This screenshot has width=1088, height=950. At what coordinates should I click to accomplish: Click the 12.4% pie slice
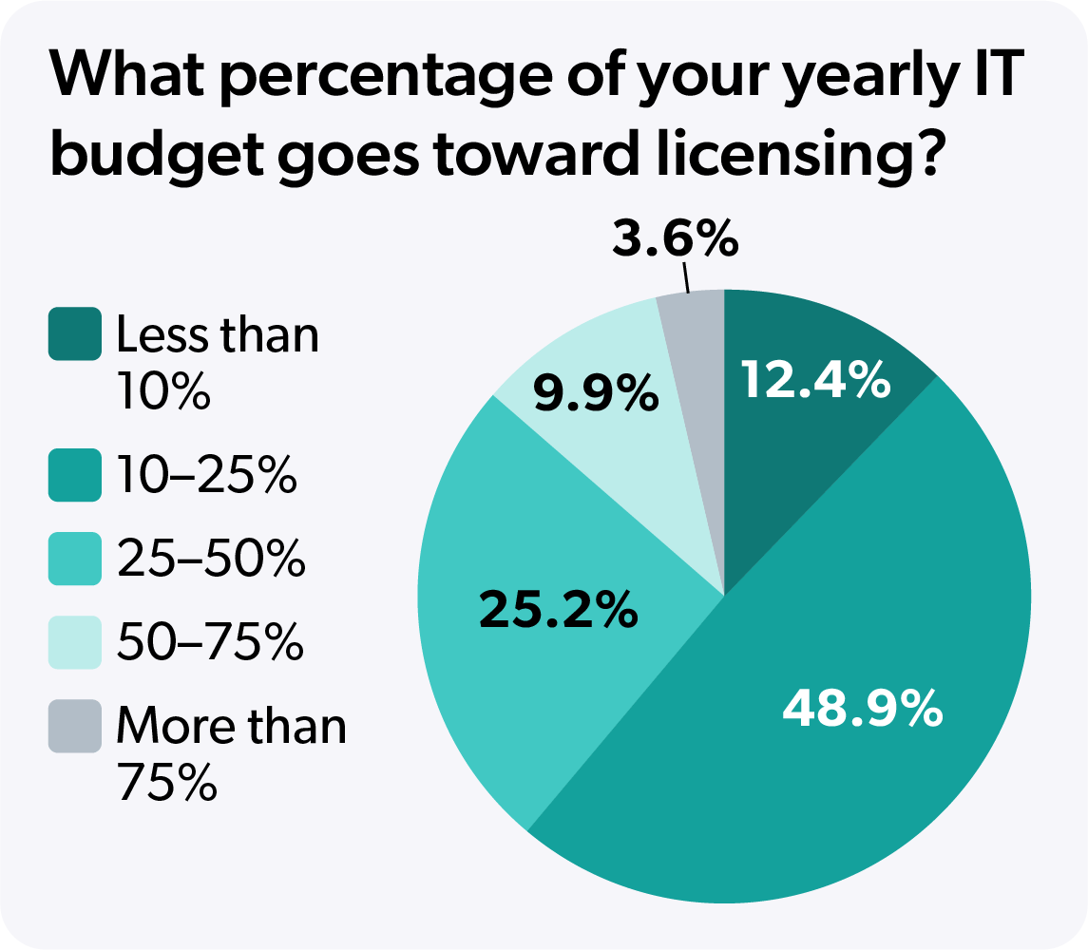click(x=808, y=446)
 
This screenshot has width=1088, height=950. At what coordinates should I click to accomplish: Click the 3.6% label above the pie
click(x=675, y=238)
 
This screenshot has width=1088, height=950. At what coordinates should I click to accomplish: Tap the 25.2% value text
click(x=558, y=610)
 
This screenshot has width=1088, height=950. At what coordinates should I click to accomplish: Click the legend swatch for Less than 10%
click(x=74, y=334)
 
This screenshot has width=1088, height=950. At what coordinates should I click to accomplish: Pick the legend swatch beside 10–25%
click(x=74, y=475)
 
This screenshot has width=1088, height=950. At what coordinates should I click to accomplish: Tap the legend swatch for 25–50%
click(x=74, y=559)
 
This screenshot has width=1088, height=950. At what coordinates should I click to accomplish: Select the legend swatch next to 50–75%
click(x=74, y=642)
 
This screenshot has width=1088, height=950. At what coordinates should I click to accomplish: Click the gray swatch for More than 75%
click(x=74, y=726)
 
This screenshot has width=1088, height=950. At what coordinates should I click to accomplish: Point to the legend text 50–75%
click(x=210, y=643)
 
